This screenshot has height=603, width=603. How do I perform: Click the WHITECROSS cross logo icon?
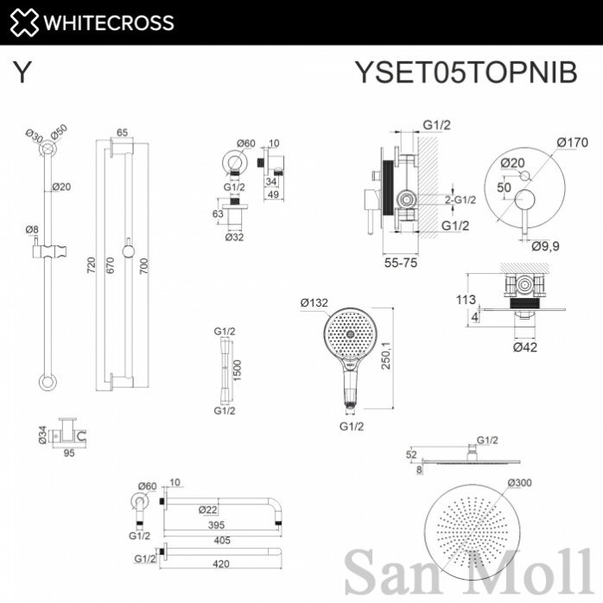click(x=24, y=22)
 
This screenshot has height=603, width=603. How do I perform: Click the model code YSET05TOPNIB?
click(x=466, y=72)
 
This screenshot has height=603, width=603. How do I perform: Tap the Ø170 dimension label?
click(x=572, y=143)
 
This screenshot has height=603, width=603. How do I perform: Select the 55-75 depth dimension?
click(x=401, y=263)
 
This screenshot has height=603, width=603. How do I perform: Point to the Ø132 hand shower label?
click(x=314, y=302)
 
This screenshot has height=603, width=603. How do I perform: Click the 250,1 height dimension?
click(x=385, y=356)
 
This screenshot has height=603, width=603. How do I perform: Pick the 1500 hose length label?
click(x=237, y=371)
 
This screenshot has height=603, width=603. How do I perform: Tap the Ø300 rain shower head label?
click(x=519, y=482)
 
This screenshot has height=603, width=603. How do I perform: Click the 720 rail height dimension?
click(x=91, y=265)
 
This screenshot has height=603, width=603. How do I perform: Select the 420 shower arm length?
click(x=221, y=564)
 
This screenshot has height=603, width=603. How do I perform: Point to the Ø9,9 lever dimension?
click(x=545, y=245)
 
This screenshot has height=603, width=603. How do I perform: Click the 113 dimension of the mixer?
click(x=466, y=299)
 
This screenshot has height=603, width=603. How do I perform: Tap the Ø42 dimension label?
click(x=525, y=347)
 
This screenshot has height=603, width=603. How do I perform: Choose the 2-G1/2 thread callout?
click(x=460, y=200)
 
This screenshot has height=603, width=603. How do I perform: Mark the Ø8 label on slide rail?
click(x=32, y=230)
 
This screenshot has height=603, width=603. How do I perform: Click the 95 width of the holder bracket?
click(x=69, y=453)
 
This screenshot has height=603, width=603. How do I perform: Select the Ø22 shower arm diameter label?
click(x=208, y=510)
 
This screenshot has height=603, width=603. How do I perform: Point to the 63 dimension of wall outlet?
click(x=218, y=213)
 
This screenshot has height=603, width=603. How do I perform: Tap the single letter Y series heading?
click(x=22, y=72)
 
